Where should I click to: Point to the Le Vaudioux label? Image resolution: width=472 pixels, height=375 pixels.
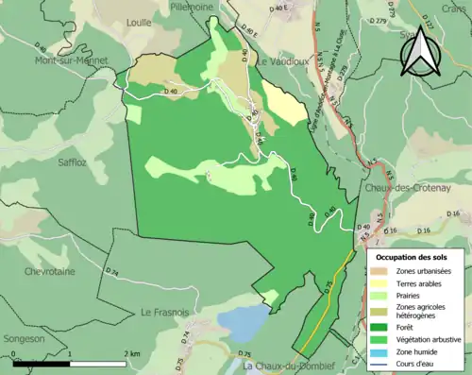pyautogui.click(x=285, y=61)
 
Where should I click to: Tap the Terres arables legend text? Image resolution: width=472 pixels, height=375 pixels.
pyautogui.click(x=423, y=283)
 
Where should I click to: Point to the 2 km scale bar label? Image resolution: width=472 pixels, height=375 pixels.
pyautogui.click(x=130, y=353)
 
